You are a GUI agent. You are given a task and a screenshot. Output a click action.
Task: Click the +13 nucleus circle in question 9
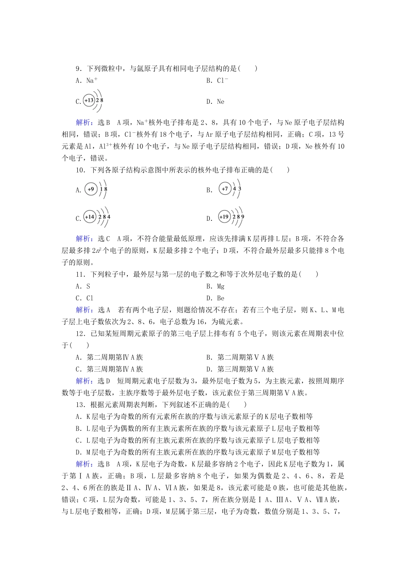tap(89, 101)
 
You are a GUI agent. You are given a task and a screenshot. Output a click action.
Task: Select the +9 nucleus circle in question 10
tap(91, 189)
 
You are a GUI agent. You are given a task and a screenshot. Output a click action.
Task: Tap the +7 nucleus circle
tap(225, 188)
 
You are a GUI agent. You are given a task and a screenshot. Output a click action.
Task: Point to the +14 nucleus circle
tap(90, 217)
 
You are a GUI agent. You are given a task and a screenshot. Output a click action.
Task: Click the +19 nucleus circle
tap(224, 217)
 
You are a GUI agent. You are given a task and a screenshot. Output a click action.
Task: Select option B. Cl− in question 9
tap(217, 80)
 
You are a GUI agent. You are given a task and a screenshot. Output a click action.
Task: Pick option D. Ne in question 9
tap(215, 102)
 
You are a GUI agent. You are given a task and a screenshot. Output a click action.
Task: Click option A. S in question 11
tap(83, 286)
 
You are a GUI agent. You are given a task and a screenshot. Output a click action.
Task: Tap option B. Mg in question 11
tap(215, 286)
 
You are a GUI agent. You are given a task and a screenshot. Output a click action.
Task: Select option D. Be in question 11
tap(215, 298)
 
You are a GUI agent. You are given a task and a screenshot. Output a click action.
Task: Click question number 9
tap(79, 68)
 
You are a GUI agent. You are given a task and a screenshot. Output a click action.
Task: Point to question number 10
tap(80, 170)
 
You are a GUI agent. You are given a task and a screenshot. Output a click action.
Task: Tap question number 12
tap(80, 334)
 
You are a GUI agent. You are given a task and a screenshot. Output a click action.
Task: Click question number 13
tap(80, 404)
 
